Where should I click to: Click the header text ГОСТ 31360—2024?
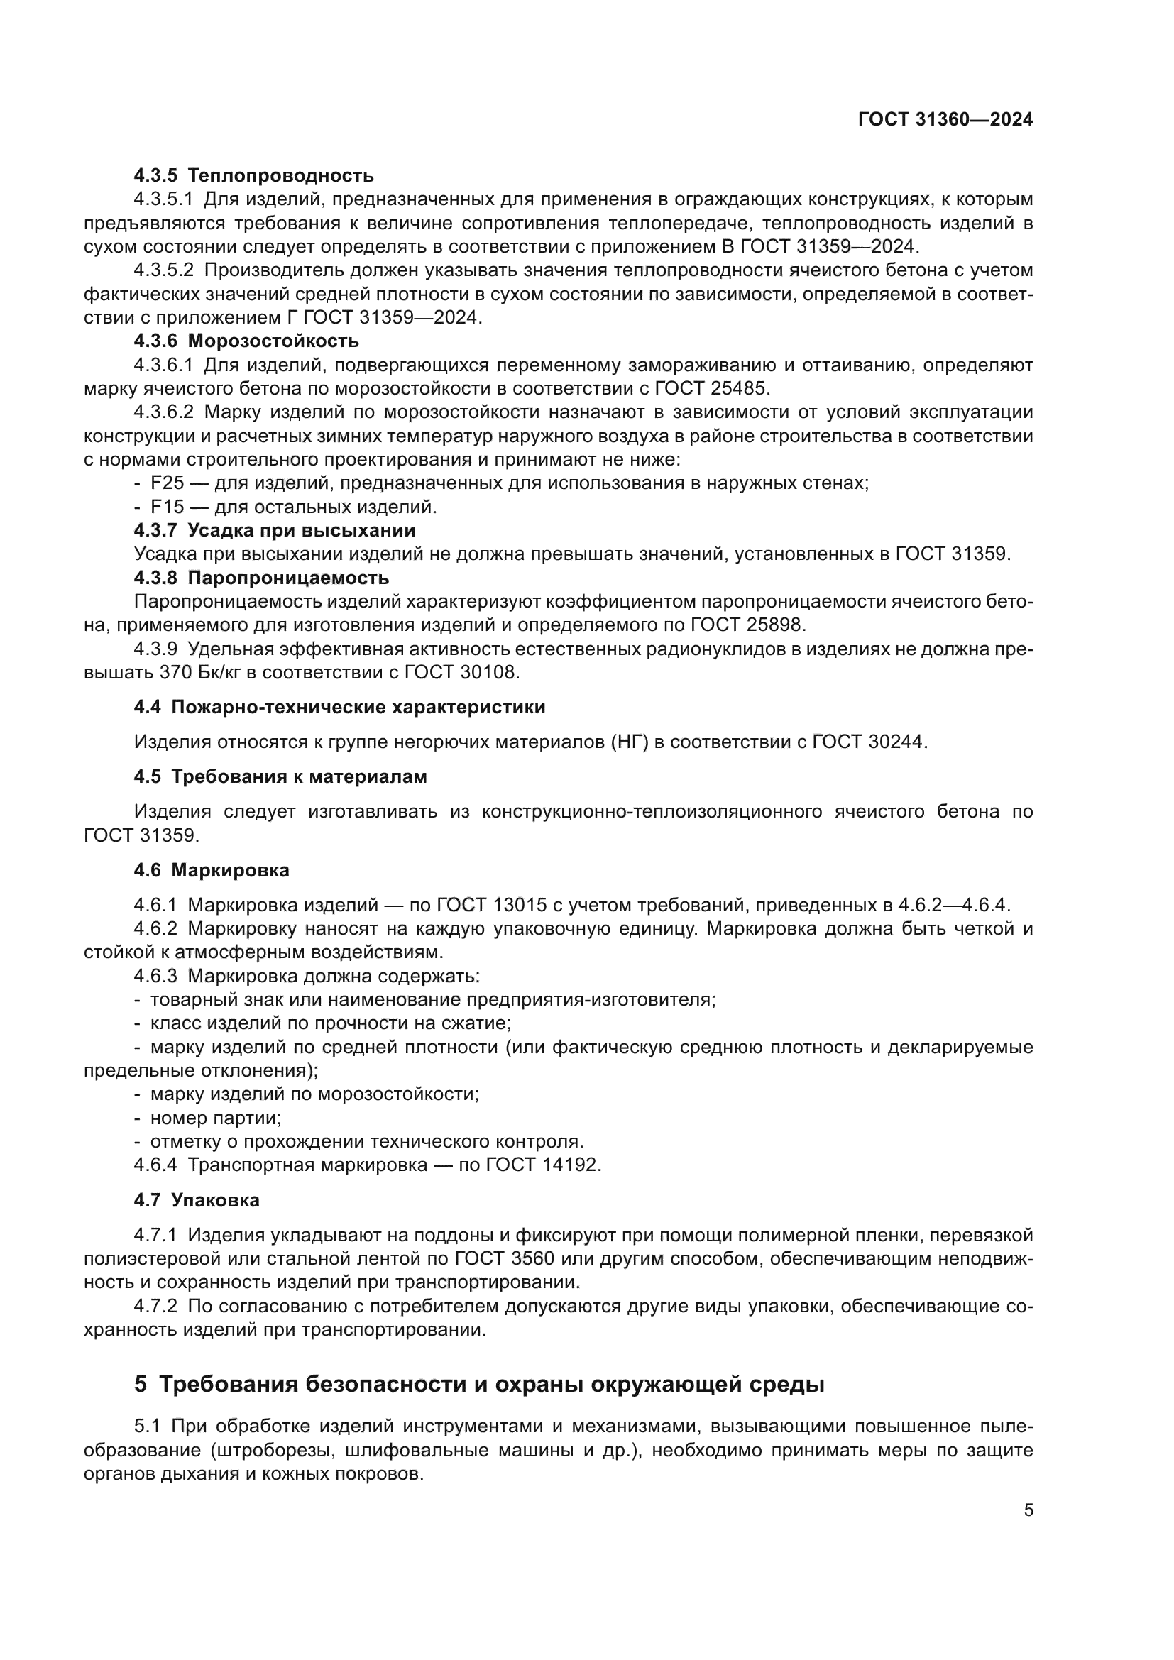coord(945,120)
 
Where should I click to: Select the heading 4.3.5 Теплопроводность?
coord(253,176)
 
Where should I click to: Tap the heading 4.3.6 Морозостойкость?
coord(246,341)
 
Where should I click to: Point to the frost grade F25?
coord(167,483)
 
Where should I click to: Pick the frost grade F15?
coord(167,507)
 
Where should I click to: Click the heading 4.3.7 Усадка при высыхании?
coord(275,531)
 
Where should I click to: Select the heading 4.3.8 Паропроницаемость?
coord(262,578)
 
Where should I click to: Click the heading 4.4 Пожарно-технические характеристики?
coord(340,707)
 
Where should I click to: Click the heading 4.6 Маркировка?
coord(212,871)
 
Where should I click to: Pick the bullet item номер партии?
coord(216,1118)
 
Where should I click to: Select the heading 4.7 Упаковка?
coord(197,1200)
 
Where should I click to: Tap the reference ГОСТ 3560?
coord(505,1259)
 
